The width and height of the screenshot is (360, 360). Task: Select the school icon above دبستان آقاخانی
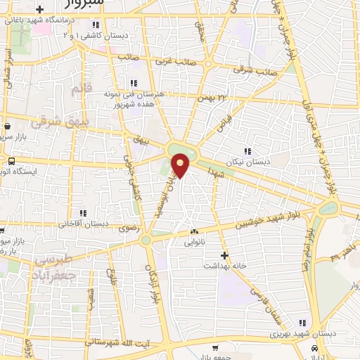84,213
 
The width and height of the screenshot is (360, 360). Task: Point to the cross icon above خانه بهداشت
224,255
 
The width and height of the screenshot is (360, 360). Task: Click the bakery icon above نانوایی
195,232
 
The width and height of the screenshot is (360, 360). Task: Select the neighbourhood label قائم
82,89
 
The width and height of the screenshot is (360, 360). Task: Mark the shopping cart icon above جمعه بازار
216,348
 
